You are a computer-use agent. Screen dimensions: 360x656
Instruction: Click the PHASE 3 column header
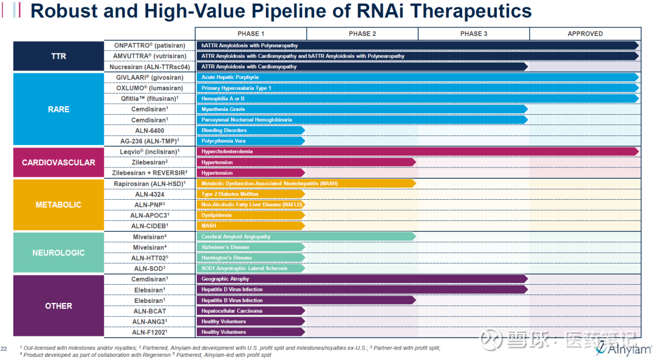click(473, 34)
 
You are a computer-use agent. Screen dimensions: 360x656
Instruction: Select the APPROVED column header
click(585, 34)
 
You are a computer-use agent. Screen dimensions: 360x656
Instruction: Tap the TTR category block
click(58, 56)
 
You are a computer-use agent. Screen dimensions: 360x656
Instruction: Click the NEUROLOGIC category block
click(58, 253)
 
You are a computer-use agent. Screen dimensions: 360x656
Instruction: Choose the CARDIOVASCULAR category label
click(58, 163)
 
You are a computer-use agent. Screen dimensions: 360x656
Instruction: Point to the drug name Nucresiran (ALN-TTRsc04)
click(149, 67)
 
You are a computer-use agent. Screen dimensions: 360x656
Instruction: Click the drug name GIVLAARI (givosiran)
click(149, 78)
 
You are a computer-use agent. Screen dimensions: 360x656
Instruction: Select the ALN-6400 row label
click(149, 131)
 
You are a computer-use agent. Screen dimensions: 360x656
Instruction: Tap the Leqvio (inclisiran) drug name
click(149, 152)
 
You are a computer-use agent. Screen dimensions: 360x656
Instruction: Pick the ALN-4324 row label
click(149, 194)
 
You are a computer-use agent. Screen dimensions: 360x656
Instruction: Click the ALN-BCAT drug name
click(149, 311)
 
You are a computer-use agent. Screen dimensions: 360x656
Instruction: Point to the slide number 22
click(4, 348)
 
